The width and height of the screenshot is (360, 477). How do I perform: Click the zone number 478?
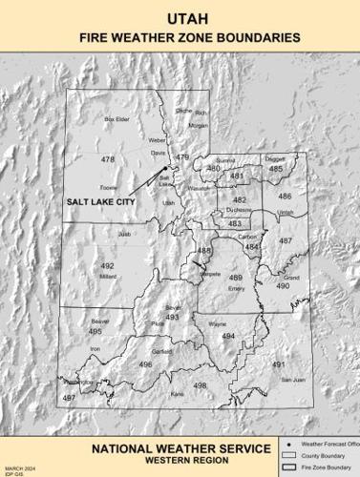pyautogui.click(x=107, y=158)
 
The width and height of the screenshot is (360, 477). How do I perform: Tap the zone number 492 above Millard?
pyautogui.click(x=107, y=265)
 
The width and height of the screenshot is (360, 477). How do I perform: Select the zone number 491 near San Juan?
pyautogui.click(x=278, y=364)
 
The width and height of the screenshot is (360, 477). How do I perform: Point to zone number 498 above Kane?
pyautogui.click(x=200, y=384)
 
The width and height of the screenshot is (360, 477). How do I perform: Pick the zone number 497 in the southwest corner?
pyautogui.click(x=69, y=396)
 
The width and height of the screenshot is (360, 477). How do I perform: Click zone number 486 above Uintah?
pyautogui.click(x=285, y=196)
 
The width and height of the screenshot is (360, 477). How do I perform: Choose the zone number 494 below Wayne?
pyautogui.click(x=227, y=337)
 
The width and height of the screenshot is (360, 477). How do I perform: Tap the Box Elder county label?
pyautogui.click(x=116, y=119)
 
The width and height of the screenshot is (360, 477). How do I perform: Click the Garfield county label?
pyautogui.click(x=163, y=351)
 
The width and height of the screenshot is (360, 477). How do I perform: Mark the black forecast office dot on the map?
pyautogui.click(x=166, y=169)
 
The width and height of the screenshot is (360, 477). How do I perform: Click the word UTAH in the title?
pyautogui.click(x=180, y=18)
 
